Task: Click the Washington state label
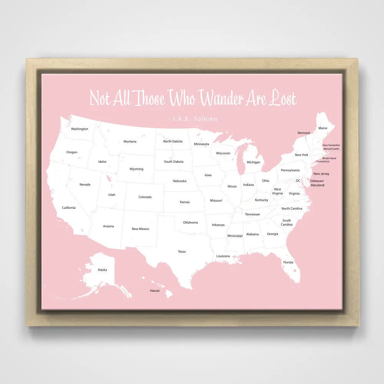point(79,129)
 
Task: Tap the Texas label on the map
point(182,252)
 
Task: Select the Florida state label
point(288,262)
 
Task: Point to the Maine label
point(323,128)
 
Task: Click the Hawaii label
point(155,291)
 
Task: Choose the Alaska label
point(102,270)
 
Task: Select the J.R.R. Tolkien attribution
point(193,119)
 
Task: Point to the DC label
point(298,180)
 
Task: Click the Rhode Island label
point(329,158)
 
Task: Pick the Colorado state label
point(145,197)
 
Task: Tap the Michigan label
point(253,162)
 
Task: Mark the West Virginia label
point(277,191)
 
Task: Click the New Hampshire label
point(331,145)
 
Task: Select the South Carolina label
point(286,222)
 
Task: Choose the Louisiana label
point(223,256)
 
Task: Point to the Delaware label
point(317,181)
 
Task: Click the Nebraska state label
point(179,181)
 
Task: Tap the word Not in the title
point(100,98)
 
